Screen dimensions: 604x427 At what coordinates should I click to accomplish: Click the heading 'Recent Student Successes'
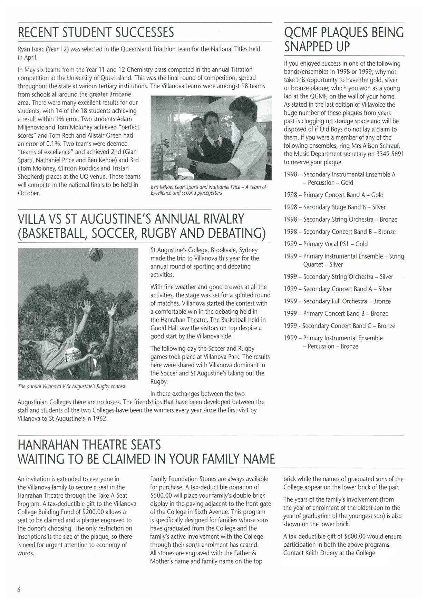[x=96, y=33]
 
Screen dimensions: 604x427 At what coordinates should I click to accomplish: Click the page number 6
[x=19, y=590]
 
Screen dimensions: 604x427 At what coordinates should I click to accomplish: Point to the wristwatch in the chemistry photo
[x=195, y=164]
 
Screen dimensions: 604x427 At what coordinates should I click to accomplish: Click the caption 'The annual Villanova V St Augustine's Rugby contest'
[x=72, y=386]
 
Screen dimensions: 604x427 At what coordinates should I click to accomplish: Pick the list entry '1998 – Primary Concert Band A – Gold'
[x=333, y=195]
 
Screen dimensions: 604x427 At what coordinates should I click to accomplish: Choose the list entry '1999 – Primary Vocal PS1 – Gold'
[x=326, y=244]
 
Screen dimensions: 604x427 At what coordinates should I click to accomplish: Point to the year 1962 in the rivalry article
[x=100, y=419]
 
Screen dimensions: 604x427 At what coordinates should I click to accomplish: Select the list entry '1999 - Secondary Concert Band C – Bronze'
[x=339, y=326]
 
